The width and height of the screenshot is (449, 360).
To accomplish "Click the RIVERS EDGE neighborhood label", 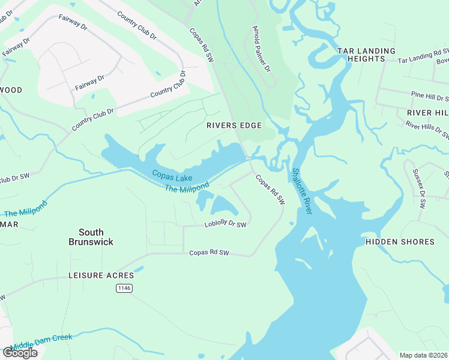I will (x=234, y=125).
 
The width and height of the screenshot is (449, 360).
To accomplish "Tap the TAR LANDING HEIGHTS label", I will (x=366, y=55).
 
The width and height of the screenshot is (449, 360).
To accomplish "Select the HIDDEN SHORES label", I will (x=400, y=242).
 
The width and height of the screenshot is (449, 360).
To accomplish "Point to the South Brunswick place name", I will (x=91, y=237).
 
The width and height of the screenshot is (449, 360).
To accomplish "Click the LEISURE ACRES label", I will (x=101, y=275).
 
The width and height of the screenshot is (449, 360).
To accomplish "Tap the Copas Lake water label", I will (x=172, y=176).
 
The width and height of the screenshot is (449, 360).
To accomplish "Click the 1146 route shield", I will (x=124, y=289).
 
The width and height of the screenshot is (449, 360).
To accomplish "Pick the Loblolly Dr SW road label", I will (x=226, y=225).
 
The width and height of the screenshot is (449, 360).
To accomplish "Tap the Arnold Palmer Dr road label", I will (x=259, y=52).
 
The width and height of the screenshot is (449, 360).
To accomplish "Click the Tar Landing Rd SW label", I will (x=423, y=58).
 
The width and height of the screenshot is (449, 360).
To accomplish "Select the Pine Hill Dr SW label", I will (x=430, y=96).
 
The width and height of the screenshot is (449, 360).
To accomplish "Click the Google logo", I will (x=20, y=353).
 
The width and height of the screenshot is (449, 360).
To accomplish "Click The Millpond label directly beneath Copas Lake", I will (x=187, y=188).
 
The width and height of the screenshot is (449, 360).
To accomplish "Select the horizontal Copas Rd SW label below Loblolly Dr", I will (x=209, y=253).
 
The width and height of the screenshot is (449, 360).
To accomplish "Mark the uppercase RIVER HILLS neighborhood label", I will (x=427, y=113).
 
